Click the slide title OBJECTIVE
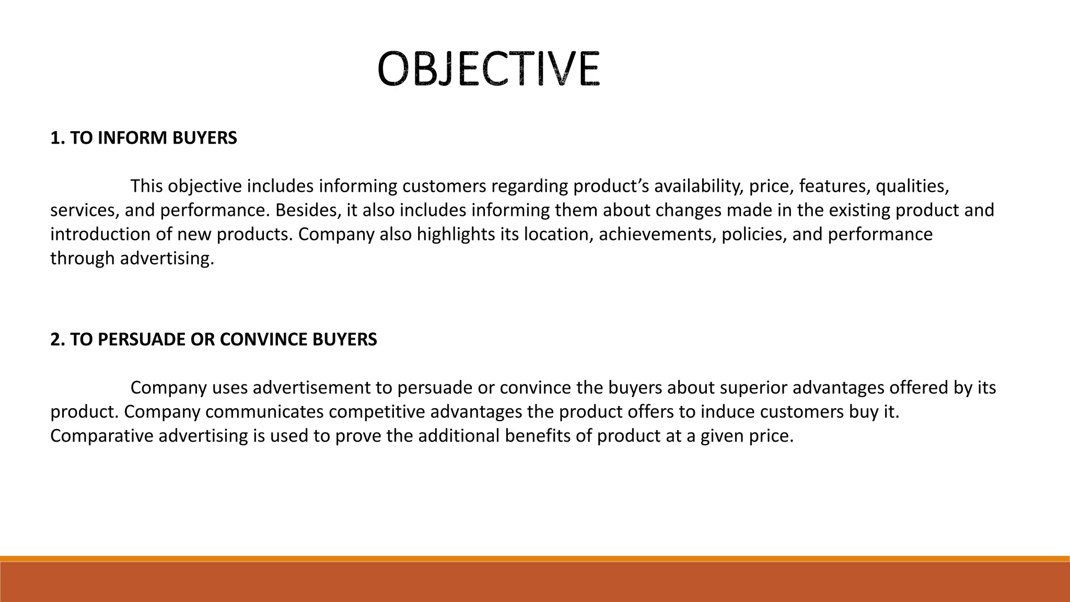(489, 68)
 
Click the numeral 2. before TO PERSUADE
(57, 340)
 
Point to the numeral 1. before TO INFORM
(57, 138)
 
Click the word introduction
(101, 234)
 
